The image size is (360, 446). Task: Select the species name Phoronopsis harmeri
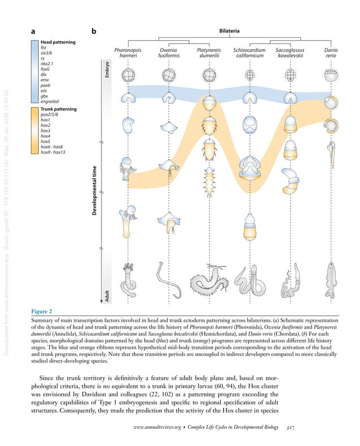point(128,53)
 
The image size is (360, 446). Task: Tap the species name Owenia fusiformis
point(168,53)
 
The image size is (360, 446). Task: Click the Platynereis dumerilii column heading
point(208,53)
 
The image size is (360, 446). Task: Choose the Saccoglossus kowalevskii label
point(290,53)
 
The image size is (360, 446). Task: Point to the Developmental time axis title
point(99,190)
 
